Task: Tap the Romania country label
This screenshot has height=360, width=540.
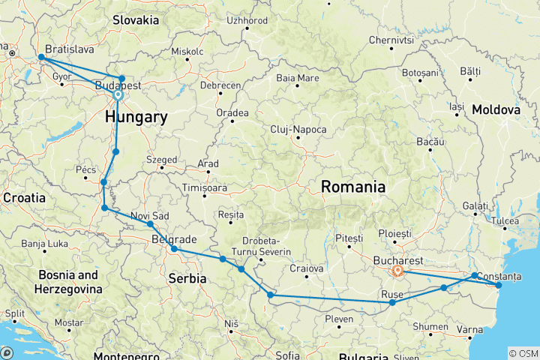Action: pos(353,187)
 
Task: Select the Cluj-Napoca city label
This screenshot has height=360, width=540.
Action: pos(298,130)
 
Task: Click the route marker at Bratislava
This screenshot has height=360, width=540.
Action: pos(40,58)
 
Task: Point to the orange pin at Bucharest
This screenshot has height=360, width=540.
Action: pos(398,271)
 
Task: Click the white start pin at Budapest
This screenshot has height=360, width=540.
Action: pos(118,96)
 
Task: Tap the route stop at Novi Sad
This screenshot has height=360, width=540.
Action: pos(150,224)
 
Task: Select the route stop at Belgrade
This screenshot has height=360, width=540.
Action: pos(174,249)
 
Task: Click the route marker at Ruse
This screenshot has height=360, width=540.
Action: pos(392,302)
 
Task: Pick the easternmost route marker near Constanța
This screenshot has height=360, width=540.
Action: pos(499,285)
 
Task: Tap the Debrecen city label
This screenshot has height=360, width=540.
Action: pos(220,85)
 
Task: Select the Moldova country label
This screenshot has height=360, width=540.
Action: pos(496,109)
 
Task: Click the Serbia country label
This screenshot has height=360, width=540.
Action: pos(184,277)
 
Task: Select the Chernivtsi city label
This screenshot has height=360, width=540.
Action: pos(391,39)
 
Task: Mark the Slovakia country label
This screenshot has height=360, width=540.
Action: pos(137,20)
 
